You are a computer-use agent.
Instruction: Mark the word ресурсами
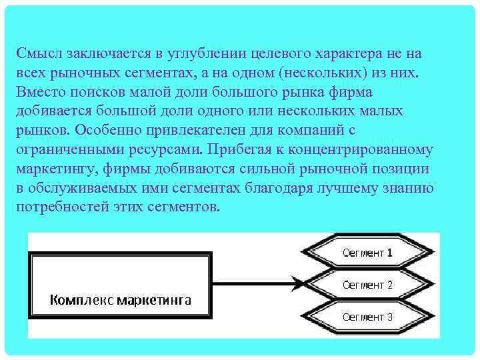(170, 149)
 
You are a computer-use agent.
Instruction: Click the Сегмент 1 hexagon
(367, 253)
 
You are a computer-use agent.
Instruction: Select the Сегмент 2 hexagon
(367, 285)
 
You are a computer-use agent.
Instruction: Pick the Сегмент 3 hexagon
(367, 317)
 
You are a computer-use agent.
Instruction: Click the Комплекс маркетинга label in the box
(121, 300)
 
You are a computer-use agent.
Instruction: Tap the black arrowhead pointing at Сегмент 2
(293, 285)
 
